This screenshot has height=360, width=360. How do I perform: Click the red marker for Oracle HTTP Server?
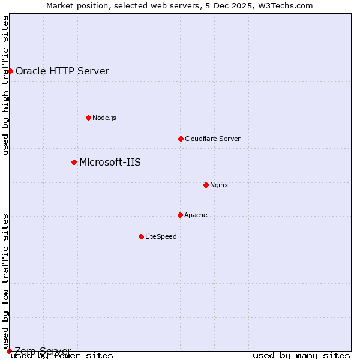point(10,71)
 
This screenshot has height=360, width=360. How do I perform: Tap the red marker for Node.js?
point(88,118)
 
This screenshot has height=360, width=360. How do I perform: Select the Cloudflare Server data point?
point(181,139)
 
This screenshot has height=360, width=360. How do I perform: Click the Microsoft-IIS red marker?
point(74,162)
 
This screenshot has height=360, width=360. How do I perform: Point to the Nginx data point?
point(206,185)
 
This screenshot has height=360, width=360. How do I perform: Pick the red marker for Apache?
point(180,215)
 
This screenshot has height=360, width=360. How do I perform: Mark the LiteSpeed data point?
point(141,236)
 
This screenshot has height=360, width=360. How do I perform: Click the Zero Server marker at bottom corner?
point(9,351)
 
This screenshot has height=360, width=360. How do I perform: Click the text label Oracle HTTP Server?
point(62,71)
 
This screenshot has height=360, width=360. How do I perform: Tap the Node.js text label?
point(104,118)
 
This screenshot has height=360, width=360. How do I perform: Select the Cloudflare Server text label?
point(212,139)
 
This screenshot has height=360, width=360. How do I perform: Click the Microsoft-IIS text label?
point(110,162)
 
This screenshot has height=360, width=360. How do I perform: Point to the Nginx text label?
point(219,185)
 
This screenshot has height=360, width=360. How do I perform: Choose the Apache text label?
point(196,215)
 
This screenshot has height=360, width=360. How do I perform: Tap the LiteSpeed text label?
point(161,236)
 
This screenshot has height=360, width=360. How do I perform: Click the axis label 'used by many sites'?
point(301,356)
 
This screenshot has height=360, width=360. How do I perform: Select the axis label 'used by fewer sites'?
point(62,356)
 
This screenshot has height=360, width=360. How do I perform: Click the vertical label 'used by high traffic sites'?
point(6,85)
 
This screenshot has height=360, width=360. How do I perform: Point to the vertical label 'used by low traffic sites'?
point(6,281)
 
